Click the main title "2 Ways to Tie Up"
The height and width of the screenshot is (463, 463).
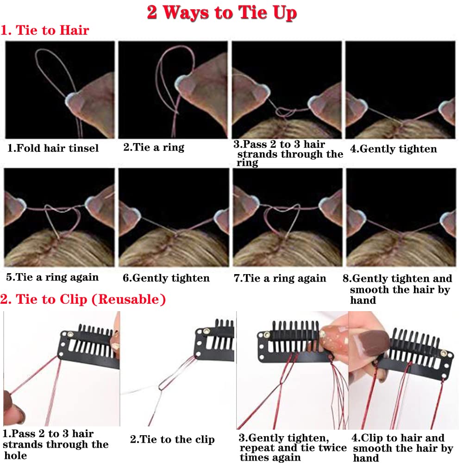(222, 13)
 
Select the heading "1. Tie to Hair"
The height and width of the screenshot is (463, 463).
(44, 30)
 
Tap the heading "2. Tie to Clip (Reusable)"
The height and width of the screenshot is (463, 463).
(83, 299)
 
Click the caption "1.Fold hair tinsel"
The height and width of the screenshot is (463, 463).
(53, 148)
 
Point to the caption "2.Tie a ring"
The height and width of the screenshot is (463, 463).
(154, 147)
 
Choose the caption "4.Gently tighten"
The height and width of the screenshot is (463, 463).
(393, 149)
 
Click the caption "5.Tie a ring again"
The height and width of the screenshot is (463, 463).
(52, 277)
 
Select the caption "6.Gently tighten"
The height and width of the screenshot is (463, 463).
(166, 278)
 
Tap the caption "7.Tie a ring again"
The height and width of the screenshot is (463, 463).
(280, 278)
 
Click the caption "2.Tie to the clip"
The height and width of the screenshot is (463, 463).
(172, 439)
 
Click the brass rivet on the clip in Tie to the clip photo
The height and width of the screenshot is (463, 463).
(206, 332)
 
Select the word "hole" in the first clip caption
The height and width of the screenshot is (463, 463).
(16, 455)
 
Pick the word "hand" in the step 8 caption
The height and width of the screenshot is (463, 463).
(363, 300)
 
